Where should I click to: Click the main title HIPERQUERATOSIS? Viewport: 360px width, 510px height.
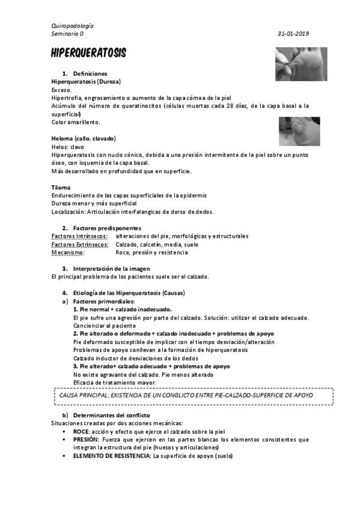coord(88,54)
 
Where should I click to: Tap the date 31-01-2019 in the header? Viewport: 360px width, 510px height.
coord(293,34)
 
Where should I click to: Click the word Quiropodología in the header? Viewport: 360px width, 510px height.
coord(72,26)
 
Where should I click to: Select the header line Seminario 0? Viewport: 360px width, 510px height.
coord(67,34)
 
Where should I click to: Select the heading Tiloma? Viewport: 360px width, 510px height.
coord(61,187)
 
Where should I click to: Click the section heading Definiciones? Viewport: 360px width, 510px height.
coord(90,73)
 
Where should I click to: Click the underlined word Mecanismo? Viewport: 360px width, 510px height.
coord(67,253)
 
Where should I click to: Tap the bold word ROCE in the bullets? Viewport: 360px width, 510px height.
coord(81,431)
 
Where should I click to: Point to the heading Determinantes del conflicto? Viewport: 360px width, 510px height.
coord(111,416)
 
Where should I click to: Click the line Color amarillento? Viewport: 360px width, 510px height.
coord(76,122)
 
